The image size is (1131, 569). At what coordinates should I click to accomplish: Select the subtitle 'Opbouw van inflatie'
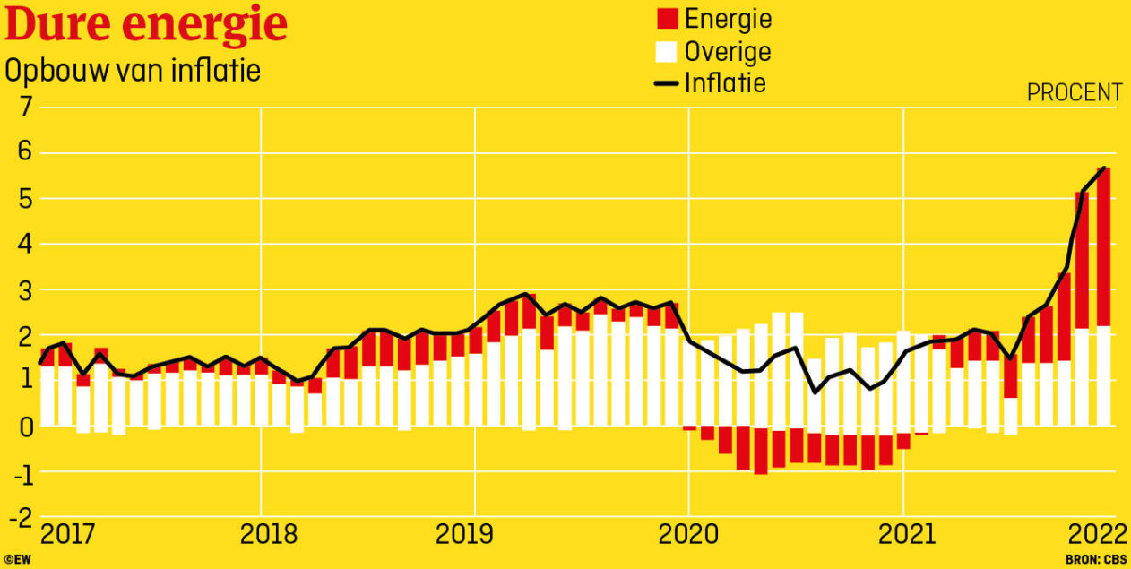[x=133, y=71]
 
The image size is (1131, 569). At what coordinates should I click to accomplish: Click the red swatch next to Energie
[x=666, y=19]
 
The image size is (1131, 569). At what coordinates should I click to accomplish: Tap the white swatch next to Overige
[x=666, y=51]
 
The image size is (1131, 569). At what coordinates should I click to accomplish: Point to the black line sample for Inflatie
[x=666, y=83]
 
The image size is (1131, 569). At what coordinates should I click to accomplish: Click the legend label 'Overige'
[x=727, y=51]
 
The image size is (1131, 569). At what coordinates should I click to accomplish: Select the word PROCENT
[x=1074, y=92]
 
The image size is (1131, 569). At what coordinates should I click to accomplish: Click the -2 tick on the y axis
[x=17, y=518]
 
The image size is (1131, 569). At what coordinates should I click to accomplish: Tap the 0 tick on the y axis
[x=22, y=427]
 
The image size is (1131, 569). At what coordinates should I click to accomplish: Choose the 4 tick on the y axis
[x=22, y=245]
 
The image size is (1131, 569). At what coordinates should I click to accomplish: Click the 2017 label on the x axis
[x=68, y=535]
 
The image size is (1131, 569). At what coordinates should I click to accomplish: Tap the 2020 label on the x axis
[x=688, y=535]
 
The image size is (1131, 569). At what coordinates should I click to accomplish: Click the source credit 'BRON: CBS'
[x=1096, y=560]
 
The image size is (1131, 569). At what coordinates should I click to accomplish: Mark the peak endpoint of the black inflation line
[x=1103, y=168]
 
